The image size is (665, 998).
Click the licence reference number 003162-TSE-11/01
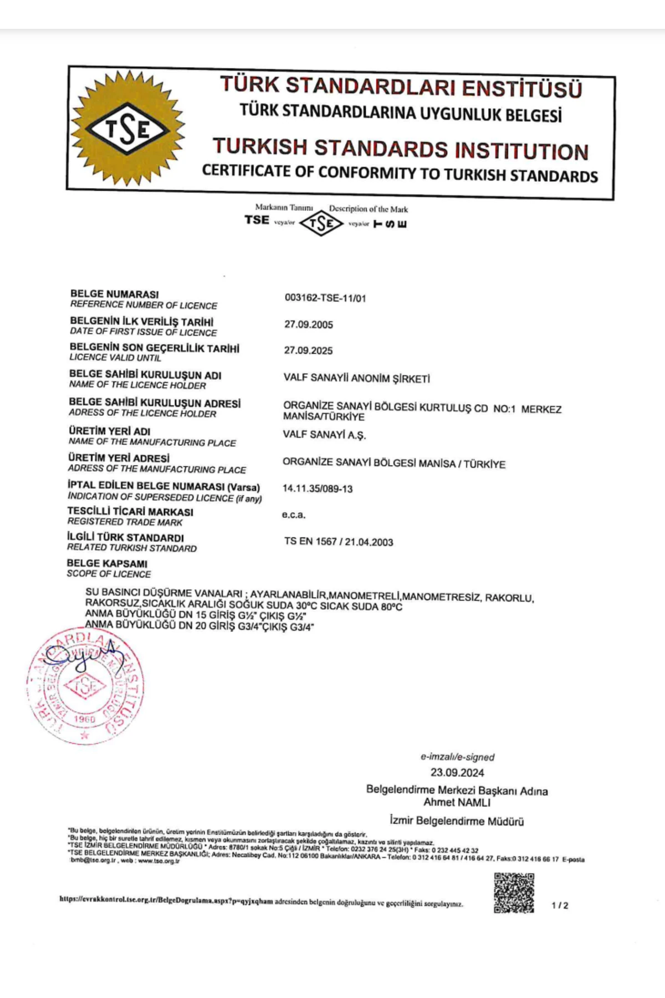325,298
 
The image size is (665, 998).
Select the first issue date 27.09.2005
309,324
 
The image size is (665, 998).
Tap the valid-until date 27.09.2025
309,350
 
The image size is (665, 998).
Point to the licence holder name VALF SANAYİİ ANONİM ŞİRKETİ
356,379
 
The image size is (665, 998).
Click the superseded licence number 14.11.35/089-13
318,489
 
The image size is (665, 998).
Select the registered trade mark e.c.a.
294,515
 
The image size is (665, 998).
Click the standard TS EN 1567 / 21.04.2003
339,542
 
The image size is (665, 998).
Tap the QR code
514,893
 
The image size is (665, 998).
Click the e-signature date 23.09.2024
457,773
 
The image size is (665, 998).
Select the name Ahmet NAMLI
457,802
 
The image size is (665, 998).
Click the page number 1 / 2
560,905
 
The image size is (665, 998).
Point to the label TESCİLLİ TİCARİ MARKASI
131,511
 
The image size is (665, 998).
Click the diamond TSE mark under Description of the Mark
321,224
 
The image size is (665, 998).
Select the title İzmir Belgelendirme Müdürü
457,821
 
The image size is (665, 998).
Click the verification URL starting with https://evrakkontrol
166,901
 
